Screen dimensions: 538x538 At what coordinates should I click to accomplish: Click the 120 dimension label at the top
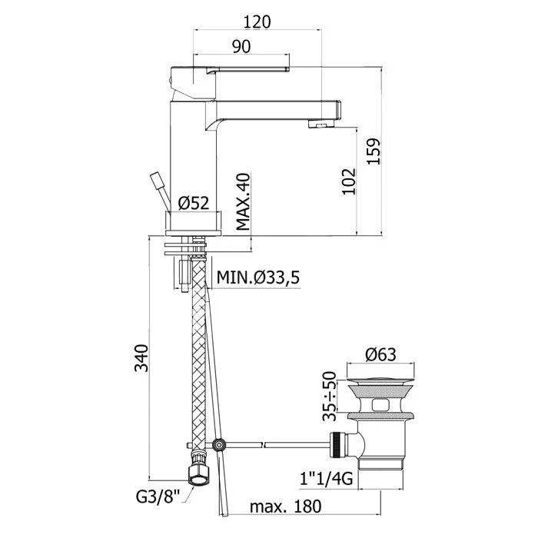[257, 22]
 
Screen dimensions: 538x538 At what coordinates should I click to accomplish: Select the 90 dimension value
[241, 46]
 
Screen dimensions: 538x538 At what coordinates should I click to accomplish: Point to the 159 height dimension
[374, 151]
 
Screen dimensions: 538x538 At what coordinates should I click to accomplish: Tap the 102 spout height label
[349, 181]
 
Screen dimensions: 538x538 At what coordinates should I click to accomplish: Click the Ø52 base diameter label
[194, 203]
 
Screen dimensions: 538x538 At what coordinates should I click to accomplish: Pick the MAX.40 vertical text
[244, 201]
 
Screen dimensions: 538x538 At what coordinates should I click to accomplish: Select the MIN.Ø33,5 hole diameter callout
[258, 277]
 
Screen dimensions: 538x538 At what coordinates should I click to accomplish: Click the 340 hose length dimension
[141, 358]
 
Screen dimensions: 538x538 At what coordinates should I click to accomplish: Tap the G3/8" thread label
[158, 496]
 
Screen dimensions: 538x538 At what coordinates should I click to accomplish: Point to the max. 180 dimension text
[285, 506]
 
